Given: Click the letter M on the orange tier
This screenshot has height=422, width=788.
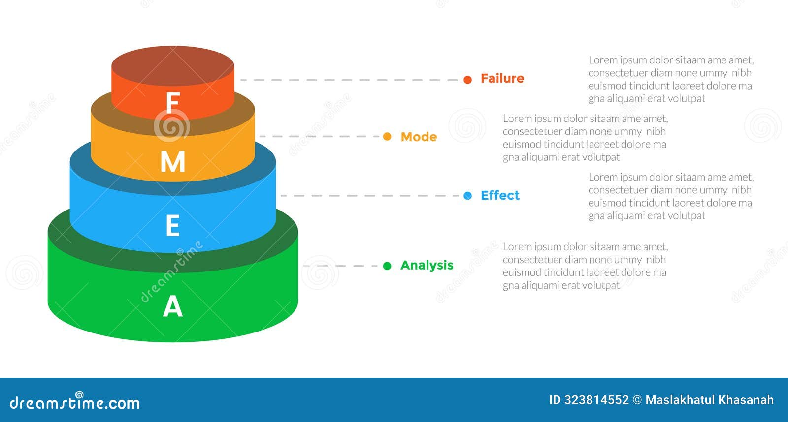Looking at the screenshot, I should (x=173, y=161).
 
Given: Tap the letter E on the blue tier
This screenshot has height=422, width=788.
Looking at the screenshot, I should (x=172, y=226).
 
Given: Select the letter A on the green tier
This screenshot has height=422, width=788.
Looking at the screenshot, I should (x=173, y=306).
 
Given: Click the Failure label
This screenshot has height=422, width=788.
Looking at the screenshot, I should (x=502, y=79).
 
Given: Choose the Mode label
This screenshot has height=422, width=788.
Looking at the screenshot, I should (x=419, y=137).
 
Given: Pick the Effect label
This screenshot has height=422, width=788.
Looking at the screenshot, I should (x=500, y=196).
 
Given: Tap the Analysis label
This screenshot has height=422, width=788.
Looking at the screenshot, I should (x=427, y=266).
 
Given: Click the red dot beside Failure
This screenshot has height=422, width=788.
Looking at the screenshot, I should (x=467, y=80).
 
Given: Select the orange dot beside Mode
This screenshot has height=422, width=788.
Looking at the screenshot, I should (x=387, y=137).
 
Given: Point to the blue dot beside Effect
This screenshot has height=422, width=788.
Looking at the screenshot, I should (x=467, y=196).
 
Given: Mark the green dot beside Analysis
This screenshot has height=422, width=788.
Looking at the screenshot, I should (x=387, y=266).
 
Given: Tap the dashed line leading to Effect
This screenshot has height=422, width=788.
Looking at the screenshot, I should (x=369, y=196).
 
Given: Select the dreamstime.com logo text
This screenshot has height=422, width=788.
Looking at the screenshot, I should (x=75, y=403).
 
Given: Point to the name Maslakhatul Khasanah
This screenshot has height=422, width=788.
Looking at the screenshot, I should (x=709, y=400).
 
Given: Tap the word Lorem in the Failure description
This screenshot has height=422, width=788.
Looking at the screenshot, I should (x=603, y=60).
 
